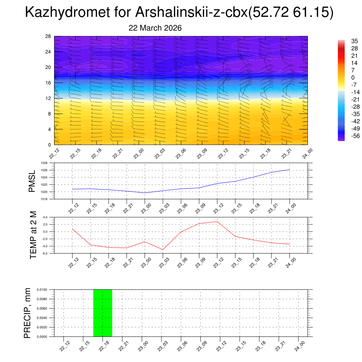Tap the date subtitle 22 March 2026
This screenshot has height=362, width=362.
(x=155, y=28)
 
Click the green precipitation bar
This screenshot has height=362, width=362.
(x=103, y=313)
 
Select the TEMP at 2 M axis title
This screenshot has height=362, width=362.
(x=33, y=235)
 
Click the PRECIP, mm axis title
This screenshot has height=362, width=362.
(x=28, y=313)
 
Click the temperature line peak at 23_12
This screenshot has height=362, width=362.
(x=217, y=222)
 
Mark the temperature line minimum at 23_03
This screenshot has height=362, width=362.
(x=163, y=250)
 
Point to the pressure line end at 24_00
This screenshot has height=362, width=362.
(x=290, y=170)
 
